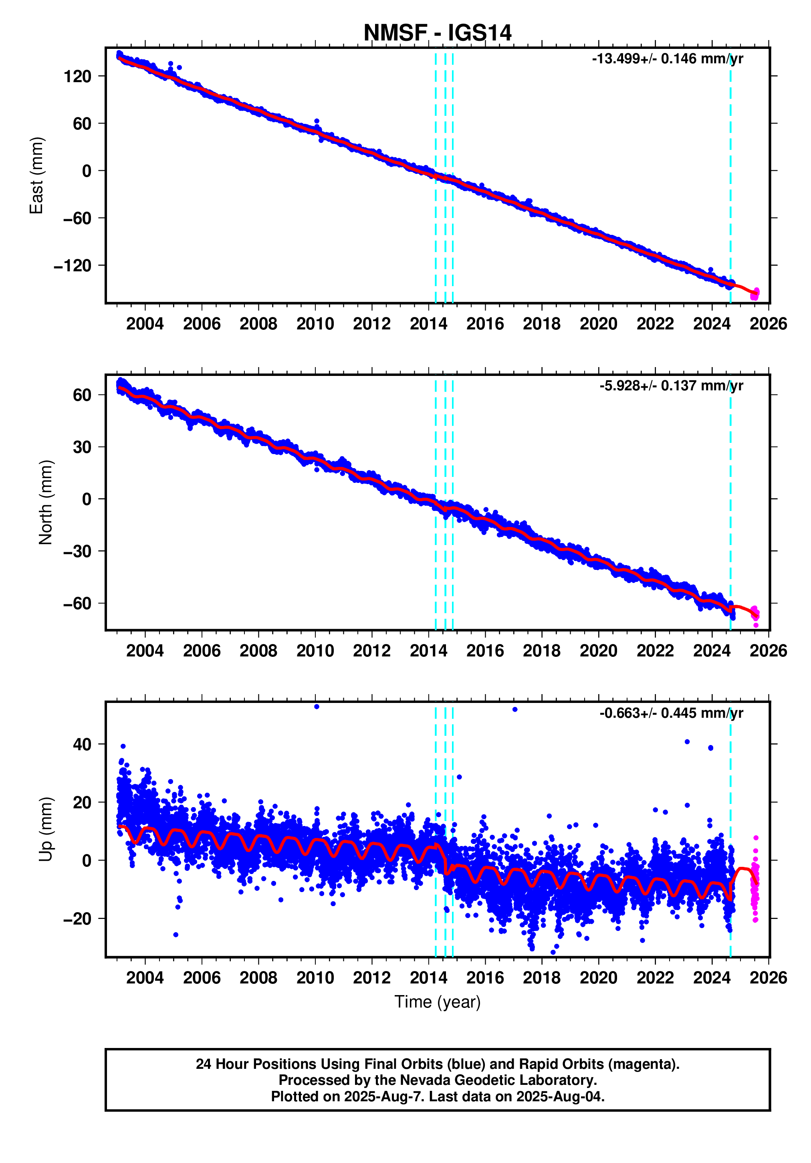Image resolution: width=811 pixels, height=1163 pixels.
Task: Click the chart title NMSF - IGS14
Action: (x=437, y=33)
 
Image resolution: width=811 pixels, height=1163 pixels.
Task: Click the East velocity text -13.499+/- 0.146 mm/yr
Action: (x=667, y=59)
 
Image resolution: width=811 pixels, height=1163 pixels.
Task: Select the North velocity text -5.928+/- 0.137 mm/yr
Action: (x=671, y=386)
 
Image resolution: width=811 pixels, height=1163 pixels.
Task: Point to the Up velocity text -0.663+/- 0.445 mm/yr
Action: (x=671, y=713)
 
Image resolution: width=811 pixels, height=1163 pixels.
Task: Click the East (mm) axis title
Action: (x=36, y=175)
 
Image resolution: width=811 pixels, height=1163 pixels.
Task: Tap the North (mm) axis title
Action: (x=46, y=503)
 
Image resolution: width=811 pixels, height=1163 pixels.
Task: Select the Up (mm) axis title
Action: (x=46, y=829)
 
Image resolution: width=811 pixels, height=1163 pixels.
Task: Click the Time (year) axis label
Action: (x=437, y=1001)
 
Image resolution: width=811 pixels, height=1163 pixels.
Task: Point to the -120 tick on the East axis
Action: (x=73, y=265)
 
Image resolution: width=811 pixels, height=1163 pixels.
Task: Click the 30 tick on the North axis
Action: (x=82, y=447)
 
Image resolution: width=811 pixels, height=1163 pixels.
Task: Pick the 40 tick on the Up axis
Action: (x=82, y=745)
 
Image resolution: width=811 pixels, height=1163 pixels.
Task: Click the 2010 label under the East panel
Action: (x=315, y=324)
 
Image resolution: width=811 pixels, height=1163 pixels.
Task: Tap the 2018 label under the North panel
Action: (x=541, y=651)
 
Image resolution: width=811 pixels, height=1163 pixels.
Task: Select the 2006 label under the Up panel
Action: (x=202, y=977)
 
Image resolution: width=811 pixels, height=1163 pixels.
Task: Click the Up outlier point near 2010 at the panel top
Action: (x=317, y=707)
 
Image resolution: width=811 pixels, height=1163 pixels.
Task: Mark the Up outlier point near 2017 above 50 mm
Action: (x=514, y=710)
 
